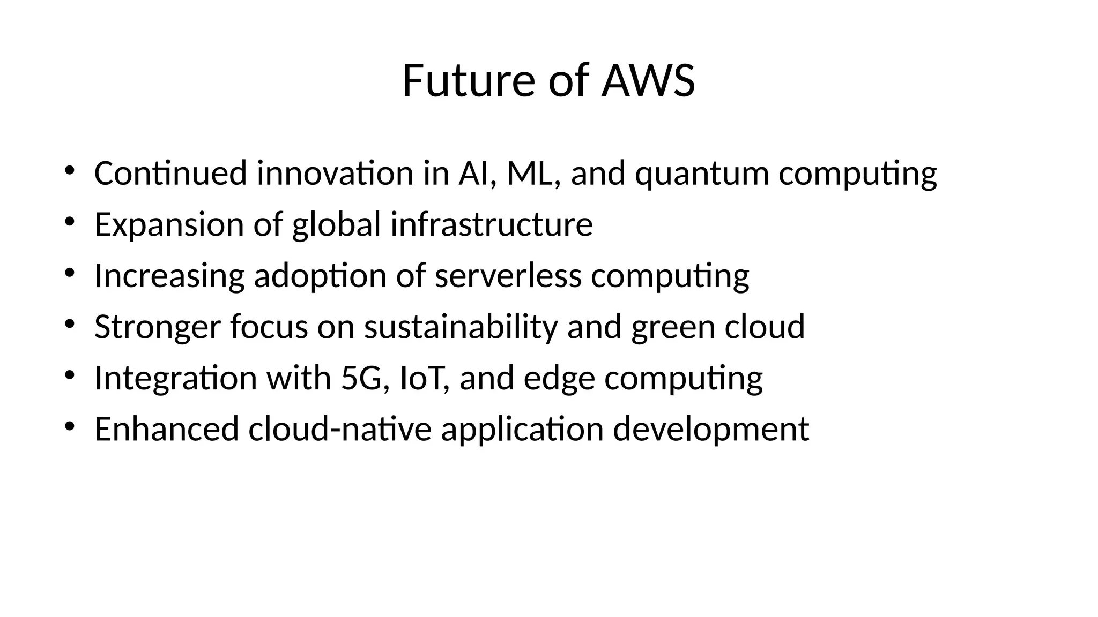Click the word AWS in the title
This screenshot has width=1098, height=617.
(648, 81)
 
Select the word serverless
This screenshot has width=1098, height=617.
(508, 275)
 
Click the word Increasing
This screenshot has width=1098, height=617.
(169, 276)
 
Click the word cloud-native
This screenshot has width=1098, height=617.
(340, 429)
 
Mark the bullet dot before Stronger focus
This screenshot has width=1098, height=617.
(69, 324)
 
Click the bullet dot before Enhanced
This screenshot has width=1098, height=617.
(69, 427)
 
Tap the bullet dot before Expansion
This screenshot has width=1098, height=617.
(69, 222)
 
